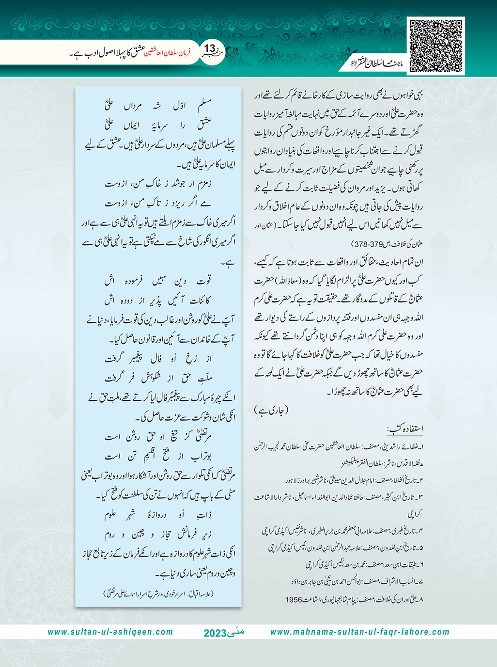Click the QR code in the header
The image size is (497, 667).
436,46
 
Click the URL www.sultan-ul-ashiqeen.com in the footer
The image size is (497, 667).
110,632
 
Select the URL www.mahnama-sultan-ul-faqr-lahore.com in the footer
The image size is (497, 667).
359,632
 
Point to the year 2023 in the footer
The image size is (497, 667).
215,633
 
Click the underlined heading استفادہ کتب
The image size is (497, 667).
405,429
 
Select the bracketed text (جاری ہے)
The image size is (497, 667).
271,410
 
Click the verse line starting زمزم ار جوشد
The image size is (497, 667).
158,184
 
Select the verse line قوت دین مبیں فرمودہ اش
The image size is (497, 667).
158,281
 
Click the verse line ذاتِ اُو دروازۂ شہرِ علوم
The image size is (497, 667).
158,515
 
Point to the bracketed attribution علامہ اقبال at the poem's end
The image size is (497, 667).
158,593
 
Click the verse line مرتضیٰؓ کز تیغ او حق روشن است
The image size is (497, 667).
158,437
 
